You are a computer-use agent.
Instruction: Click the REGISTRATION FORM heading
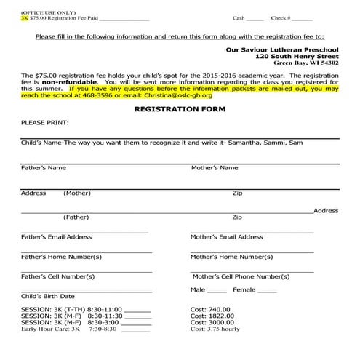pyautogui.click(x=180, y=108)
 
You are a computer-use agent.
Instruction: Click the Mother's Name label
pyautogui.click(x=215, y=168)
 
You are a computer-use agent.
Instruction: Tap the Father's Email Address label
pyautogui.click(x=57, y=236)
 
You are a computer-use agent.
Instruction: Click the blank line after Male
pyautogui.click(x=217, y=291)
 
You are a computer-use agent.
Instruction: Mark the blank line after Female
pyautogui.click(x=267, y=291)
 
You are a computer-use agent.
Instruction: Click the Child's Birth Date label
pyautogui.click(x=48, y=296)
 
